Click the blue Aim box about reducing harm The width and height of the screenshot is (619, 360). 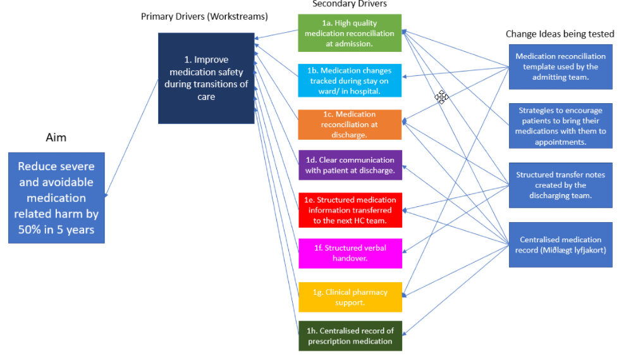56,197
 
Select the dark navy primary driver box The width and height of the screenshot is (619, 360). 206,78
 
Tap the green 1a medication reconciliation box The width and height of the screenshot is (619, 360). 350,34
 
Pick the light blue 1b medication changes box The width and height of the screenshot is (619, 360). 350,80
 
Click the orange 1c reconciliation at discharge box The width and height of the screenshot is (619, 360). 350,125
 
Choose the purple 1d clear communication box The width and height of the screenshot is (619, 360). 350,165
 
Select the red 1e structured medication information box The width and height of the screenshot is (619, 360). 350,210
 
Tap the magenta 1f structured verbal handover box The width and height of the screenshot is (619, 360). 350,253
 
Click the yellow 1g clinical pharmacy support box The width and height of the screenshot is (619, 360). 350,297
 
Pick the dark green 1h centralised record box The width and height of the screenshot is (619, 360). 350,336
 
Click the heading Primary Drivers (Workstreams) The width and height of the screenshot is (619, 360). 204,16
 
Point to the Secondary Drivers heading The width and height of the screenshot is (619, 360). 349,4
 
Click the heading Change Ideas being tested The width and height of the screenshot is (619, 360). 560,34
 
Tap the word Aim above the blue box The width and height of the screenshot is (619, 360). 56,137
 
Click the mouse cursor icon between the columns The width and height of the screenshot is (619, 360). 441,97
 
